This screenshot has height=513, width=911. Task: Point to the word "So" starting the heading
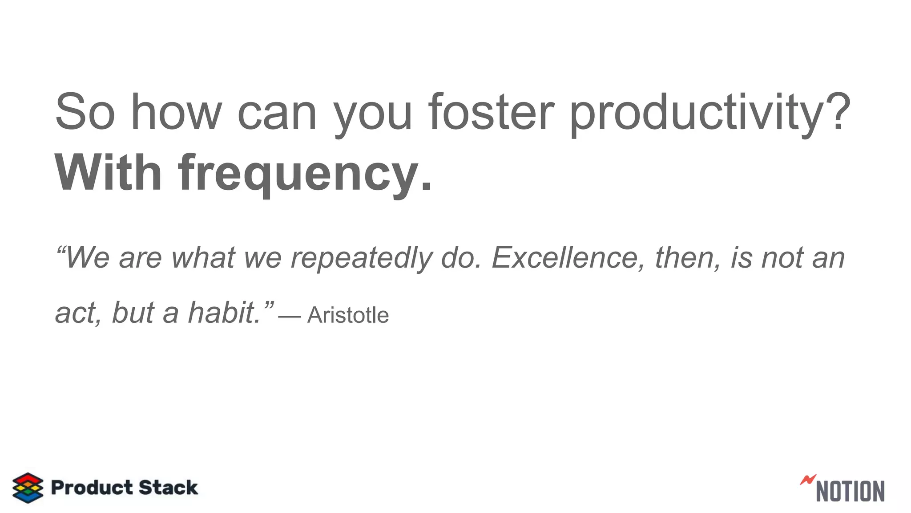coord(85,112)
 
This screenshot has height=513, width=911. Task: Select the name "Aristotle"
coord(348,315)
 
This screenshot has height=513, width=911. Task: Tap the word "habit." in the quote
coord(225,313)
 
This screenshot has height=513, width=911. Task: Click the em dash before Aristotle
coord(290,316)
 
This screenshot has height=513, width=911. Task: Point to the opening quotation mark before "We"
coord(60,250)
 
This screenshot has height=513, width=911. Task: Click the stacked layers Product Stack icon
coord(28,488)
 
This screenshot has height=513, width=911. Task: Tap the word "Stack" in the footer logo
coord(168,488)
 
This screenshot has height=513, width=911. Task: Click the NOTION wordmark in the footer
coord(850,491)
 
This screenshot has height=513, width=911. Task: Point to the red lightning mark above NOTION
coord(808,480)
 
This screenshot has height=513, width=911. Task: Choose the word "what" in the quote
coord(203,258)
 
